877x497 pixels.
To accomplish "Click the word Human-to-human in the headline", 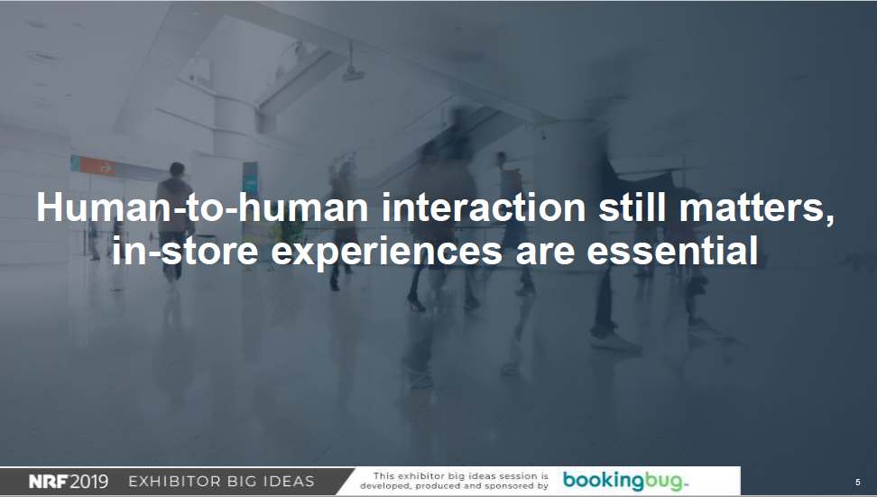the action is coord(202,207).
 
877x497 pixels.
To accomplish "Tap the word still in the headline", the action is coord(632,207).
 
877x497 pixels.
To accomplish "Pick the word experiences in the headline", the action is coord(386,253).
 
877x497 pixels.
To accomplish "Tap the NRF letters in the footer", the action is coord(48,482).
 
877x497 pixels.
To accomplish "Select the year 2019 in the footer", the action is coord(88,482).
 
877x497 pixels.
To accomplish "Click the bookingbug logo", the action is coord(625,481).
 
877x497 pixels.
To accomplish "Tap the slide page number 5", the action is coord(857,482).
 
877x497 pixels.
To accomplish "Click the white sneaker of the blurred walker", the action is coord(615,342).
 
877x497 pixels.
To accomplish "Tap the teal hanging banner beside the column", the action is coord(250,177).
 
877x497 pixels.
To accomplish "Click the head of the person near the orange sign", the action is coord(177,170).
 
